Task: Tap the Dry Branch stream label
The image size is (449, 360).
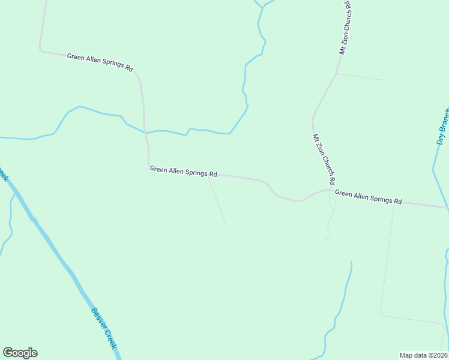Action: [x=442, y=126]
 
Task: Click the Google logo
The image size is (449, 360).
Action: [x=20, y=353]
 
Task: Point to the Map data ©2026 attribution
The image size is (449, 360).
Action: [x=423, y=355]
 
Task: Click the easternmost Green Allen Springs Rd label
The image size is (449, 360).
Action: [x=368, y=197]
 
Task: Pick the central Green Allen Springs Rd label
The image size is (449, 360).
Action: [x=183, y=172]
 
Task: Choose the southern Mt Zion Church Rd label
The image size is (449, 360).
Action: [x=323, y=159]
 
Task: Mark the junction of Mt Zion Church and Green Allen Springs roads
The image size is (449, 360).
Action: [x=331, y=190]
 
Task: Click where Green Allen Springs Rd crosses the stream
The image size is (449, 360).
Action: [x=145, y=133]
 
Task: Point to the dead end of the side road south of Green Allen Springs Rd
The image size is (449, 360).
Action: [x=227, y=228]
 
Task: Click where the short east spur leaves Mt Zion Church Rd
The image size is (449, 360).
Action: [x=336, y=74]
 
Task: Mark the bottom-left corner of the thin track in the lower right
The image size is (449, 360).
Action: [x=380, y=314]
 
